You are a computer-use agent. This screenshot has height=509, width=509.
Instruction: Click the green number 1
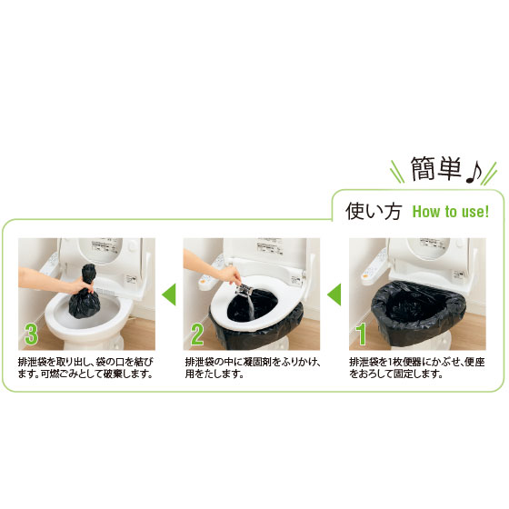(361, 334)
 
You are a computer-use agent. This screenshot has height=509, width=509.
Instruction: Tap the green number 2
(197, 334)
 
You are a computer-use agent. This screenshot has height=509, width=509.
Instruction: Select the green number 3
(31, 334)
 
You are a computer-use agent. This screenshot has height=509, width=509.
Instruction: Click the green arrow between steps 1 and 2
(334, 294)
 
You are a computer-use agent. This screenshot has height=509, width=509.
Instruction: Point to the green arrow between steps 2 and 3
(169, 294)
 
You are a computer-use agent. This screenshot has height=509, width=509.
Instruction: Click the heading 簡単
(436, 168)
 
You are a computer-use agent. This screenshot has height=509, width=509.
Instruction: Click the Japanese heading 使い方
(374, 211)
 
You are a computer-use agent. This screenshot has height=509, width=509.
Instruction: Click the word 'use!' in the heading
(475, 212)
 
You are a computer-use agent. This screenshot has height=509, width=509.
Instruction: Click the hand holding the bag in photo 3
(80, 286)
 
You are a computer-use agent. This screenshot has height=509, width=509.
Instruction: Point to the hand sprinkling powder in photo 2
(231, 276)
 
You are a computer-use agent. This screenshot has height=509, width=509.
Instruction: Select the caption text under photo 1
(417, 368)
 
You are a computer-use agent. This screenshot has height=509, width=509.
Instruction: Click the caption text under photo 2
(254, 368)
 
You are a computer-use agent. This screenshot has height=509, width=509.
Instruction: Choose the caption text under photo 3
(85, 368)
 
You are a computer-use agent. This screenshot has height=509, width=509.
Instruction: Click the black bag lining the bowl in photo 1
(419, 312)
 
